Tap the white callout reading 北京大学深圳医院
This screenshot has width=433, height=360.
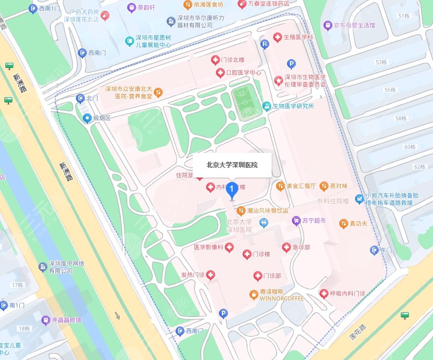[x=232, y=165]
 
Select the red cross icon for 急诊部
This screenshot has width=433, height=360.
[x=286, y=248]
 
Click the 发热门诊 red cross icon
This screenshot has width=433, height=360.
[x=211, y=275]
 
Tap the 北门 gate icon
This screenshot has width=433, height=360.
[x=80, y=99]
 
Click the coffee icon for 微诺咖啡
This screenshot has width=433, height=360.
[x=253, y=295]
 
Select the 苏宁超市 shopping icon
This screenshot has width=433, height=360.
[x=296, y=221]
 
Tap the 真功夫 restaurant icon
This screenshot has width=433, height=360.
[x=343, y=224]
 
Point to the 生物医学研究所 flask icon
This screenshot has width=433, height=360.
[x=266, y=106]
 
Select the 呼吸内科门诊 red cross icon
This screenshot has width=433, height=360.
[x=324, y=293]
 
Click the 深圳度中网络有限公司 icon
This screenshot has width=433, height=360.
[x=42, y=267]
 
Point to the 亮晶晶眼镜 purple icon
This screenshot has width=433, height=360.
[x=45, y=320]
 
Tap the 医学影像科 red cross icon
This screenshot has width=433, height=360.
[x=229, y=248]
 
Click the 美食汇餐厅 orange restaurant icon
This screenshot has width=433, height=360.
[x=280, y=186]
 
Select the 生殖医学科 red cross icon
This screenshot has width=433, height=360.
[x=277, y=37]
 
